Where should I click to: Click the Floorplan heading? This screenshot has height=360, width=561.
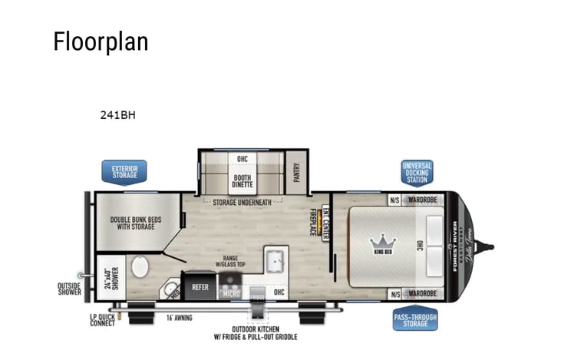pos(101,41)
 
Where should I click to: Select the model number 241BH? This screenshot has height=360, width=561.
pos(117,115)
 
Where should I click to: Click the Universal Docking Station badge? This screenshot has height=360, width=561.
pos(417,172)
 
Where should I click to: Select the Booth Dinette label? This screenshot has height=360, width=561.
pos(242,181)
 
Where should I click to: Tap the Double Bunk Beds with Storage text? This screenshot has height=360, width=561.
pos(135,223)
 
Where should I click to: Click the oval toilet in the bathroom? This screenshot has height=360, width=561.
pos(140,267)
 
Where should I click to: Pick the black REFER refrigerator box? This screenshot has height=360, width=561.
pos(200,286)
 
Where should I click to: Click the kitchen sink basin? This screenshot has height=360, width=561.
pos(275,261)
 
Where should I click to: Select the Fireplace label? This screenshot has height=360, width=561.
pos(312,222)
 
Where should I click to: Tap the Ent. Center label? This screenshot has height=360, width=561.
pos(325,223)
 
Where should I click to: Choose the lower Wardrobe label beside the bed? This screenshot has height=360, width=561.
pos(423,293)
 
